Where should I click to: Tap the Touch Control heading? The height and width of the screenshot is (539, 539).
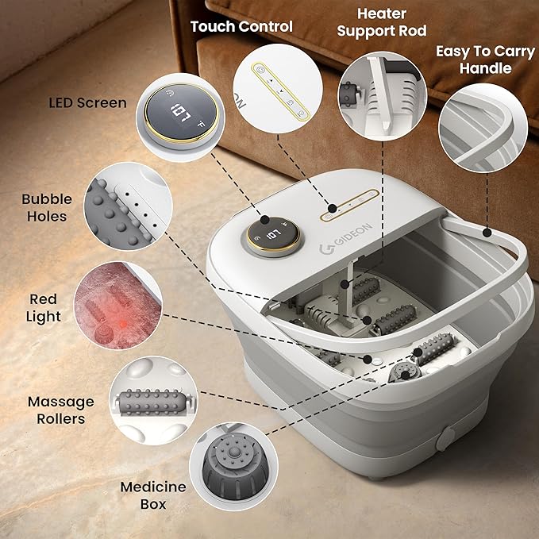241,26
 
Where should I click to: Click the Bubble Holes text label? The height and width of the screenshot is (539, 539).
46,207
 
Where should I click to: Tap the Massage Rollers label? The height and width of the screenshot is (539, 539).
60,410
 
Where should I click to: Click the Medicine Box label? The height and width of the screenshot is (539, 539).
153,494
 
